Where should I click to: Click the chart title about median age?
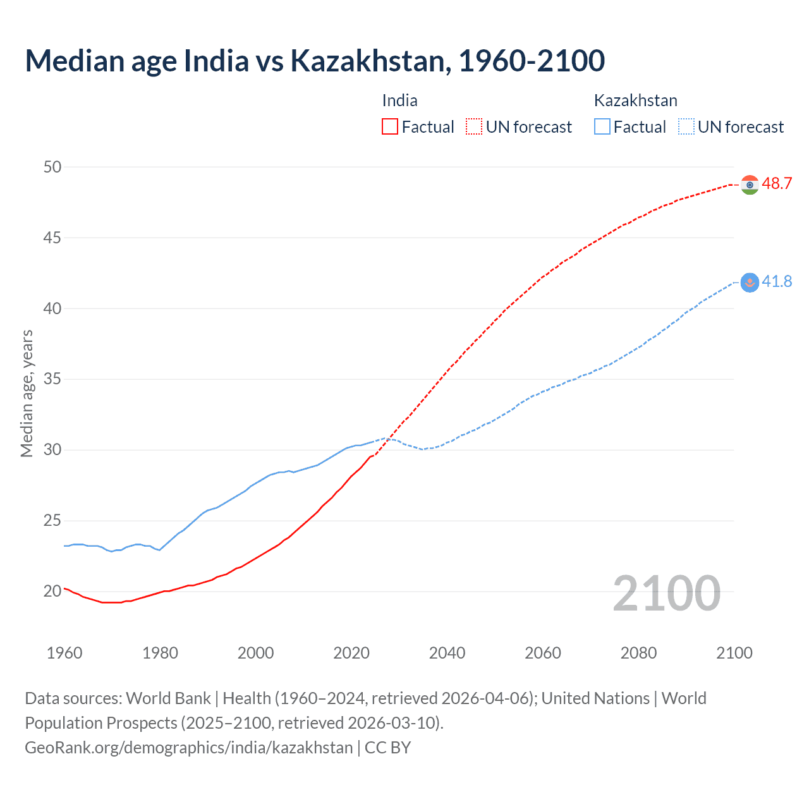315,61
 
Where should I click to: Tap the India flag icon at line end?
750,185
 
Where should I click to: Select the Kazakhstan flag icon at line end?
750,283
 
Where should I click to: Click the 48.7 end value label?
777,184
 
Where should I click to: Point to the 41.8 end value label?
777,282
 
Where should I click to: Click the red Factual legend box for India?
390,127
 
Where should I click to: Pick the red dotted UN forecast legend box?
474,127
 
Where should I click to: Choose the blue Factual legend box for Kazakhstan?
602,127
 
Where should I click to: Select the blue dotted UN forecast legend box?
686,127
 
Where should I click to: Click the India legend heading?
399,100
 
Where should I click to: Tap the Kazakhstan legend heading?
635,100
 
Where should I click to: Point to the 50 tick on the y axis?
52,167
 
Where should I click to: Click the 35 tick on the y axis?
52,379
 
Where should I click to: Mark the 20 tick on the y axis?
52,592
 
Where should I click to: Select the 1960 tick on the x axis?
64,653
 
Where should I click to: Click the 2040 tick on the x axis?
447,653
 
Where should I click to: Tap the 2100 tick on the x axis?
734,653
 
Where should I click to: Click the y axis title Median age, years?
27,393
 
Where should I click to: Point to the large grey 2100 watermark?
666,593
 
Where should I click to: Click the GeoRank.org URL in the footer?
188,747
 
